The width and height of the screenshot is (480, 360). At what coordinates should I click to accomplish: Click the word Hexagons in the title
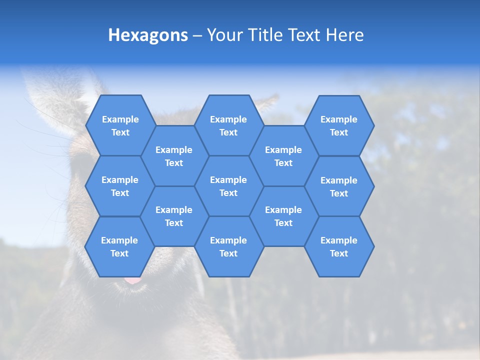coord(148,35)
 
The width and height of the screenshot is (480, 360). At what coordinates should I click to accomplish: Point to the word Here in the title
coord(344,35)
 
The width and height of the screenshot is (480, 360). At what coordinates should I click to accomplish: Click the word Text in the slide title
coord(305,35)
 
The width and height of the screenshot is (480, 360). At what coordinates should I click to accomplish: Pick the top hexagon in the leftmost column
coord(120,125)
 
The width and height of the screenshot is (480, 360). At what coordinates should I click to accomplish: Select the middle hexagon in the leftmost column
coord(120,186)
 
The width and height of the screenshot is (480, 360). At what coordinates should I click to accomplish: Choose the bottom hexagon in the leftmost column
coord(119,246)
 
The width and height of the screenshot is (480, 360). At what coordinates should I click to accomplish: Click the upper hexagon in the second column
coord(174,156)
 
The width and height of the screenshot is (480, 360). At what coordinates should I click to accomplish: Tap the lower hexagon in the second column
coord(174,216)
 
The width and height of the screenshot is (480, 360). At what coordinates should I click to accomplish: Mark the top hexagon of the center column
coord(228,125)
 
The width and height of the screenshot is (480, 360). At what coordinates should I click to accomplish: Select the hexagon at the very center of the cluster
coord(228,186)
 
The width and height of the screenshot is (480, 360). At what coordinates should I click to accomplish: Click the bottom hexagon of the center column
coord(228,246)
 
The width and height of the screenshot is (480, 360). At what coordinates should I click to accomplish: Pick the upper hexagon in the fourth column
coord(283,156)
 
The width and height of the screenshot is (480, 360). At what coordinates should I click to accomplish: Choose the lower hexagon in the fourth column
coord(283,216)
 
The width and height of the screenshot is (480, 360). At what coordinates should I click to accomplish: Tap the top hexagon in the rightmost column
coord(339,125)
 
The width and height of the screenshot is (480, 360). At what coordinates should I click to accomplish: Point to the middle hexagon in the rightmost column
coord(339,186)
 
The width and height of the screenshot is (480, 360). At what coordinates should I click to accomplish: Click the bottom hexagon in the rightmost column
coord(339,246)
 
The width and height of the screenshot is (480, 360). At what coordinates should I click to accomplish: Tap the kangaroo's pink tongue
coord(133,280)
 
